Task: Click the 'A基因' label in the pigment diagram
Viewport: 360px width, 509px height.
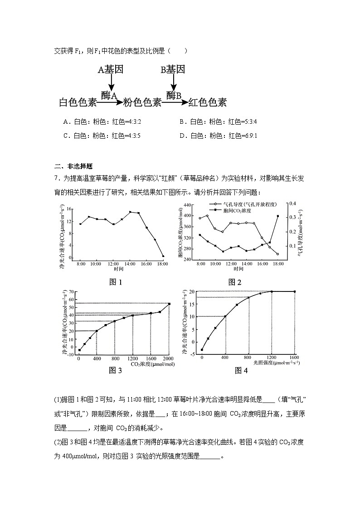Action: [x=111, y=70]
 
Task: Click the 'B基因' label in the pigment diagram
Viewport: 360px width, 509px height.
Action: [x=173, y=70]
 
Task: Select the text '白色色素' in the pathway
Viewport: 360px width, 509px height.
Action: [x=78, y=103]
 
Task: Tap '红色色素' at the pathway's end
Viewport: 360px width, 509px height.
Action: [x=207, y=102]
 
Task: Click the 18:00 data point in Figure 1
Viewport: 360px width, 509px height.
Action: [x=163, y=256]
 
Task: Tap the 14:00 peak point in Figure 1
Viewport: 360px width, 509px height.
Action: [x=130, y=212]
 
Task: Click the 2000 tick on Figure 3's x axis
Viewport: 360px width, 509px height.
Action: [x=169, y=359]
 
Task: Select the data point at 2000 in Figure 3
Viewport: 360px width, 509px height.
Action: [x=169, y=304]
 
